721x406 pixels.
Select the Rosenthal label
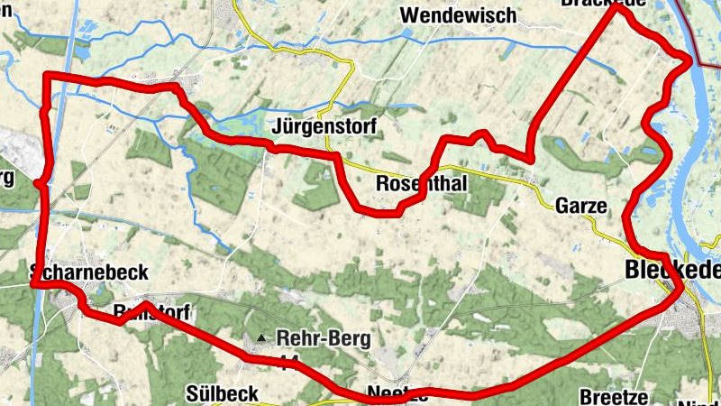tap(420, 184)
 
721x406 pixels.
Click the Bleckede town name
tap(671, 269)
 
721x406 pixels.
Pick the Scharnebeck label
tap(88, 272)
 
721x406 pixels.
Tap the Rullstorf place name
tap(153, 312)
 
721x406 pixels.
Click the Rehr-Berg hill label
tap(324, 338)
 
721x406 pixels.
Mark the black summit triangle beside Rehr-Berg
tap(261, 338)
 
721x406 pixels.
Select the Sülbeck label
tap(223, 393)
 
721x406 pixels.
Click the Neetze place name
tap(397, 393)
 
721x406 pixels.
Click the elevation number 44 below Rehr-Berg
tap(288, 362)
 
